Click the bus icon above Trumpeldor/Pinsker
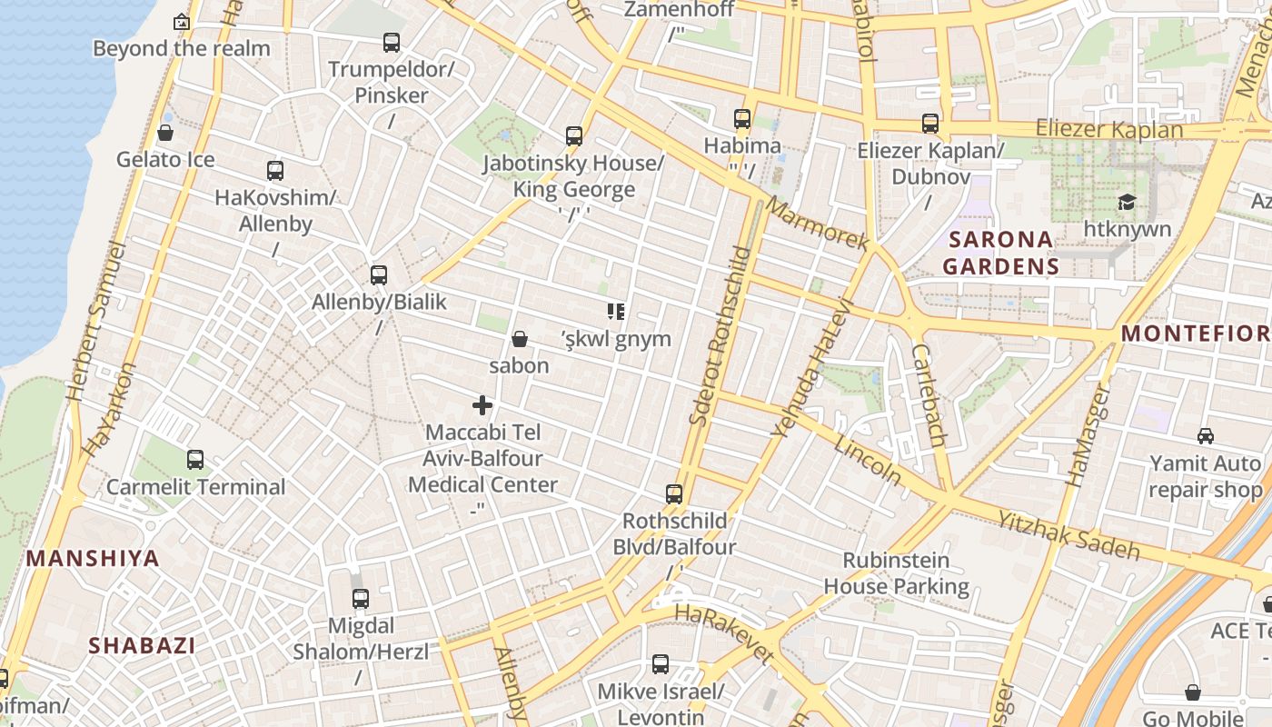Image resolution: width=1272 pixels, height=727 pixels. (x=392, y=43)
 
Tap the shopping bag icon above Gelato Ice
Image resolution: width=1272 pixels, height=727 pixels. (x=165, y=134)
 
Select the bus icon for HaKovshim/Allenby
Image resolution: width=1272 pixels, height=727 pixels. (x=275, y=171)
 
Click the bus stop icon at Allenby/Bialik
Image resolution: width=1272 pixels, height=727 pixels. (x=379, y=275)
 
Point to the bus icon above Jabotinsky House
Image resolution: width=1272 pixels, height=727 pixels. (x=574, y=136)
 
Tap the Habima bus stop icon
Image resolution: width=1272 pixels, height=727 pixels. (x=742, y=119)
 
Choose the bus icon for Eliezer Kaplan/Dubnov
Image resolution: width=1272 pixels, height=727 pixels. (x=930, y=124)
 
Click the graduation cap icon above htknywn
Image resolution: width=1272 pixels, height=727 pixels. (x=1127, y=202)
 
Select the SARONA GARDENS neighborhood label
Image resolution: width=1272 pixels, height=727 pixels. (x=1000, y=253)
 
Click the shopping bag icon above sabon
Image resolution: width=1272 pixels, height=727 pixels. (x=520, y=339)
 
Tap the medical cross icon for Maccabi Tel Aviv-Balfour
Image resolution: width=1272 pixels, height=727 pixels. (x=482, y=405)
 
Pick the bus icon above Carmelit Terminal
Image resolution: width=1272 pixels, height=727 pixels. (x=195, y=460)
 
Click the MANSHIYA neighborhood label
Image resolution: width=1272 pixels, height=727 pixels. (x=94, y=558)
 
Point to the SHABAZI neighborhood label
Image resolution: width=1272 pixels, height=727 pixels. (x=142, y=645)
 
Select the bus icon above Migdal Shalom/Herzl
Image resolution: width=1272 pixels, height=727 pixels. (x=361, y=599)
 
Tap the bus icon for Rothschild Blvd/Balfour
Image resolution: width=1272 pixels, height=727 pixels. (x=674, y=494)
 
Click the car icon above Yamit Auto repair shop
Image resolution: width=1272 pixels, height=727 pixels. (x=1206, y=436)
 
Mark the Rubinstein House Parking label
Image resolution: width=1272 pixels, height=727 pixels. (x=896, y=573)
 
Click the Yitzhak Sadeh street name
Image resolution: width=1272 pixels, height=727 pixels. (x=1068, y=534)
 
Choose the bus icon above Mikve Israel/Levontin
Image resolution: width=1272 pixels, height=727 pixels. (x=661, y=664)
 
